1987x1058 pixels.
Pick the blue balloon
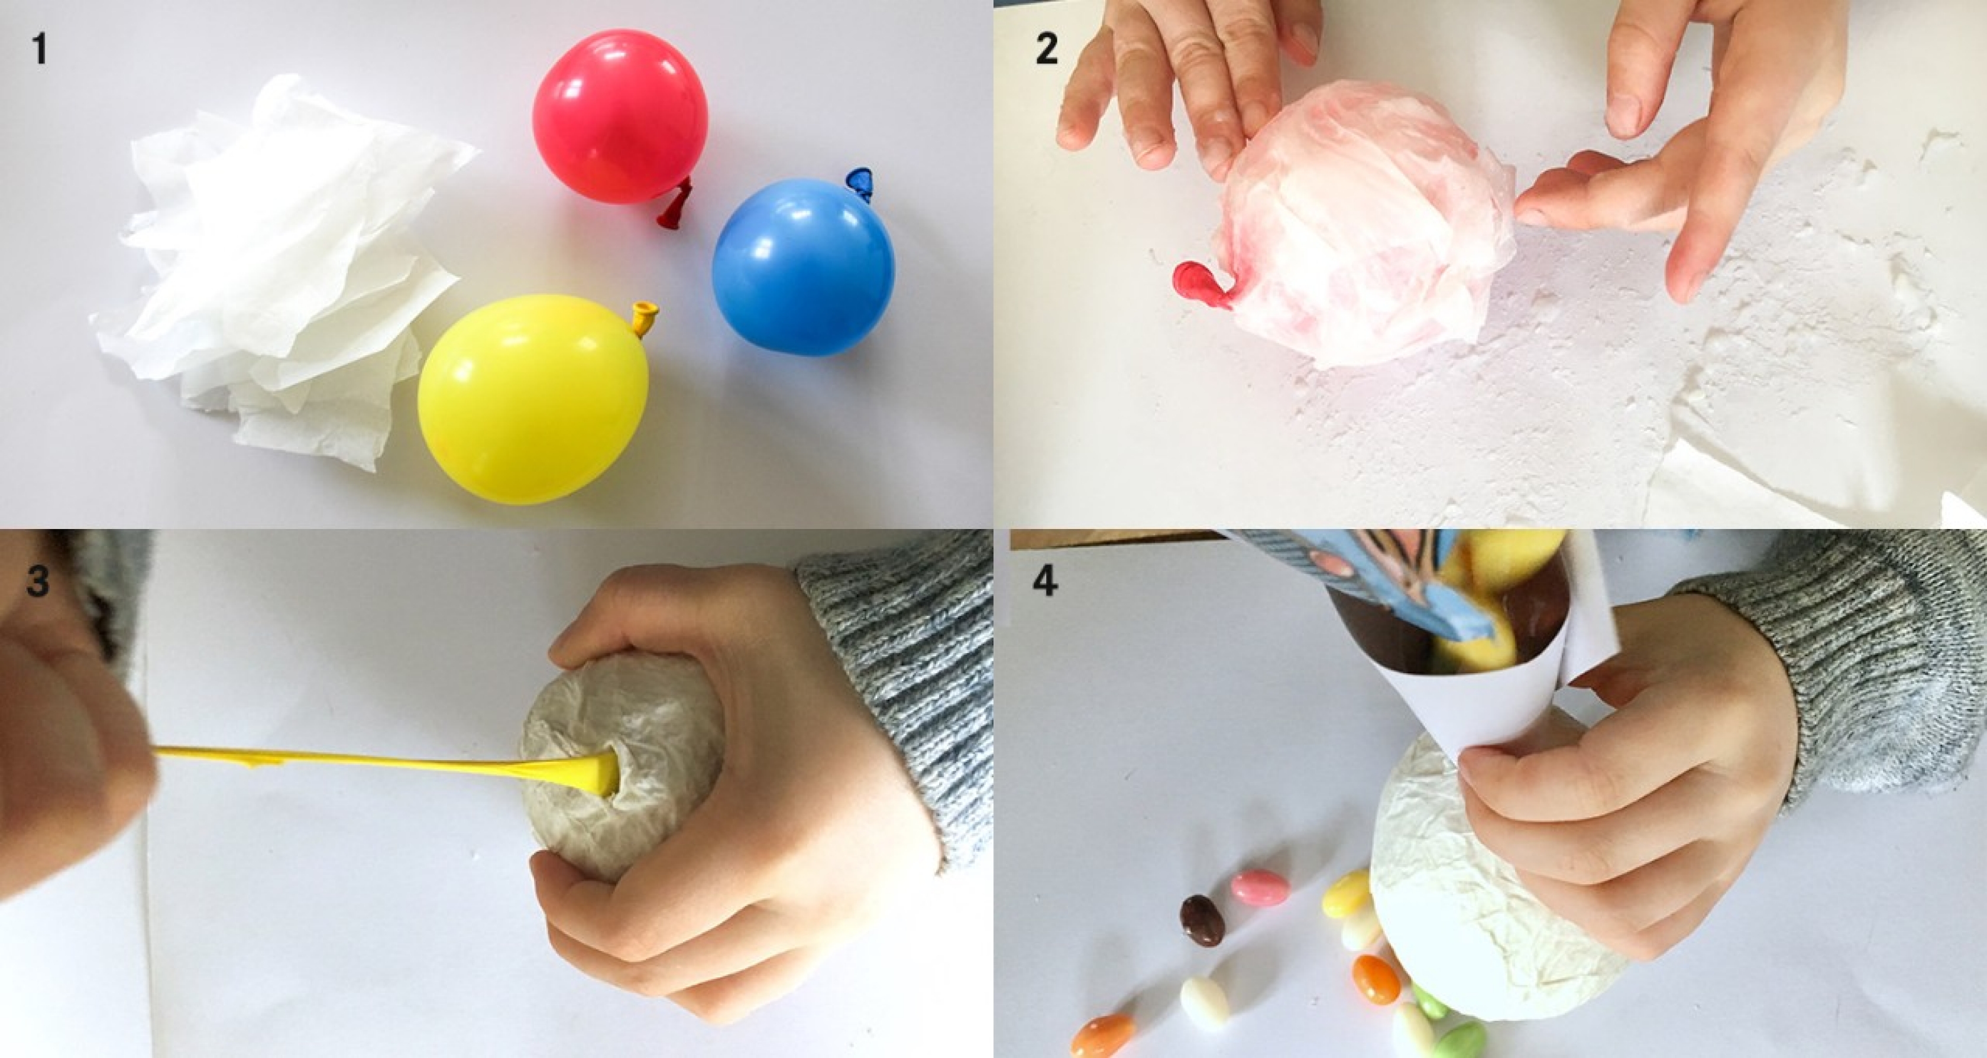coord(803,267)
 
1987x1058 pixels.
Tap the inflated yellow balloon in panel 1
coord(532,400)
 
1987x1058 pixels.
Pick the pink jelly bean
coord(1260,888)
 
